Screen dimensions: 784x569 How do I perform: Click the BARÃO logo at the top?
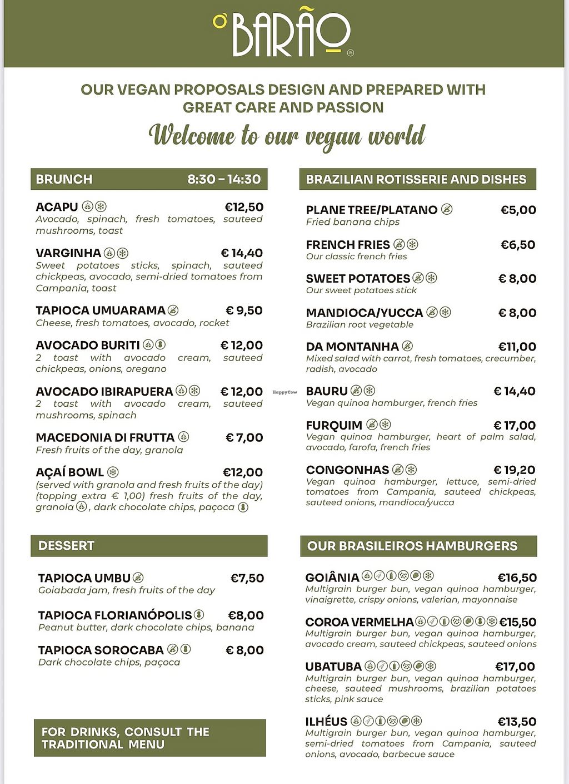click(283, 34)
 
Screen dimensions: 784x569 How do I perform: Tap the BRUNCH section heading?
click(64, 179)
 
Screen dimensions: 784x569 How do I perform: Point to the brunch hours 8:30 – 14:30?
click(224, 179)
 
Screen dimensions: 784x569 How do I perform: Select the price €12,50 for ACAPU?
click(244, 207)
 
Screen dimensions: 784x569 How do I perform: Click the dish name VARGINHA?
click(68, 253)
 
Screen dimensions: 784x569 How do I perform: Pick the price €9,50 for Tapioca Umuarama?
click(244, 310)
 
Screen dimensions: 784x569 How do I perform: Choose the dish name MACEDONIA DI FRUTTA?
click(105, 438)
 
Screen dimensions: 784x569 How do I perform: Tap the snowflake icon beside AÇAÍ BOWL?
click(113, 472)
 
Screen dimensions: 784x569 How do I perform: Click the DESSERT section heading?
click(66, 546)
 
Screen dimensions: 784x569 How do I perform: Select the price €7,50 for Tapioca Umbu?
click(247, 578)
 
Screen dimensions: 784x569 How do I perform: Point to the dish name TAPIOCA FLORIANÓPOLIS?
click(115, 615)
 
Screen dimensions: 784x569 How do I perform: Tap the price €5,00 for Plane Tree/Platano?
click(518, 210)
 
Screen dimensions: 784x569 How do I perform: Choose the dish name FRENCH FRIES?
click(348, 245)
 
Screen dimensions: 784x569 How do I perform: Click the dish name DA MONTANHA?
click(352, 347)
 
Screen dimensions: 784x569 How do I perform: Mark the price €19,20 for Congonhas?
click(515, 470)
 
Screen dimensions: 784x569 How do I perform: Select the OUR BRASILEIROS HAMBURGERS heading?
click(412, 546)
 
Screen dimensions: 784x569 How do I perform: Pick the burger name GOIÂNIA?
click(332, 578)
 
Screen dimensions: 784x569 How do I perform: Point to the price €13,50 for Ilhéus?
click(517, 722)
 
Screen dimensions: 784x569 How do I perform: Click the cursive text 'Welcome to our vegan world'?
click(287, 136)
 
